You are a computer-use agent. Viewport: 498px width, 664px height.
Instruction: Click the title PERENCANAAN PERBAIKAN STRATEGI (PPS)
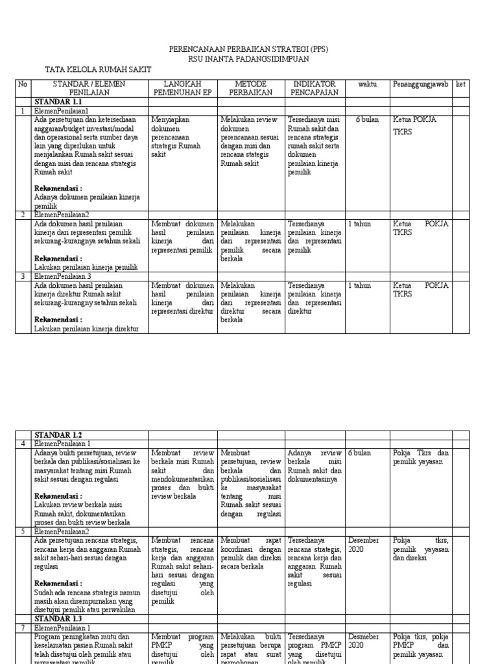pyautogui.click(x=248, y=49)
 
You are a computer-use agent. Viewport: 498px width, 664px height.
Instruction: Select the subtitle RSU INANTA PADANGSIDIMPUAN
pyautogui.click(x=248, y=58)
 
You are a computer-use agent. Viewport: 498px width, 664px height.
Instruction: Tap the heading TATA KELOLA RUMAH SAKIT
pyautogui.click(x=101, y=69)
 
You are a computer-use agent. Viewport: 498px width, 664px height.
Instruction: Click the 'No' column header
pyautogui.click(x=23, y=84)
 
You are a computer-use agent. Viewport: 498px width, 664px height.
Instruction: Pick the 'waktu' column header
pyautogui.click(x=366, y=84)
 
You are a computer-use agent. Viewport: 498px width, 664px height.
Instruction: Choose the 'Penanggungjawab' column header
pyautogui.click(x=420, y=84)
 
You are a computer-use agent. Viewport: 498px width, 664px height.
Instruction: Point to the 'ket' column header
pyautogui.click(x=460, y=84)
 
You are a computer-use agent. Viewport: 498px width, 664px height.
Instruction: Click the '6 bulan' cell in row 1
pyautogui.click(x=367, y=120)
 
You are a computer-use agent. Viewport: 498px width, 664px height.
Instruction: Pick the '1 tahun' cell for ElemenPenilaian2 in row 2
pyautogui.click(x=360, y=224)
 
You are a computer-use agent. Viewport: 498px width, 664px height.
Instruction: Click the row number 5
pyautogui.click(x=23, y=530)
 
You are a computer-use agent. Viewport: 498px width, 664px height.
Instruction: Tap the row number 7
pyautogui.click(x=23, y=628)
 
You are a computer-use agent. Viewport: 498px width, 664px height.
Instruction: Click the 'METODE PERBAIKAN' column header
pyautogui.click(x=251, y=88)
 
